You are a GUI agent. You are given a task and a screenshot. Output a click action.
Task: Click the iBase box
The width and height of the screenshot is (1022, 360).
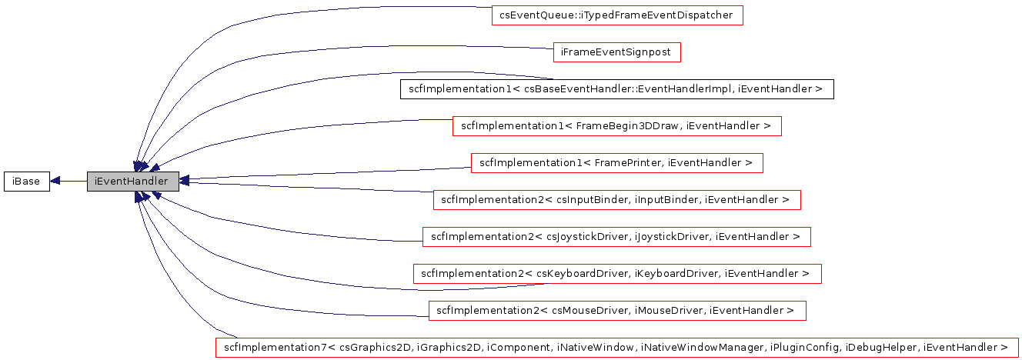click(x=26, y=182)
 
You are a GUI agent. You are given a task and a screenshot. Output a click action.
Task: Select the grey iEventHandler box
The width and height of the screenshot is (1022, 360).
click(x=132, y=182)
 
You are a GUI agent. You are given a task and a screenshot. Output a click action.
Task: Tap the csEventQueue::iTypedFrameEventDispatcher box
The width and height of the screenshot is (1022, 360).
click(x=617, y=15)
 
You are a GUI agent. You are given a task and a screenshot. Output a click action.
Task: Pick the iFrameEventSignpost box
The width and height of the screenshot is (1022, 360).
click(x=617, y=52)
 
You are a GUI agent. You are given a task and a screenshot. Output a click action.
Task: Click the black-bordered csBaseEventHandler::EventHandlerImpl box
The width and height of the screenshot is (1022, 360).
click(x=617, y=89)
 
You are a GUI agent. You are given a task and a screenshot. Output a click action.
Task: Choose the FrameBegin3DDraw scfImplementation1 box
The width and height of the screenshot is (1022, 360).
click(x=616, y=126)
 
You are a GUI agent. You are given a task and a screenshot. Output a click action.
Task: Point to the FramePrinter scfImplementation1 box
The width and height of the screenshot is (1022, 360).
click(x=616, y=163)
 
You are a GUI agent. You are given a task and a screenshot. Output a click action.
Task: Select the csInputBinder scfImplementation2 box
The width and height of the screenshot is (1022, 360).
click(x=617, y=200)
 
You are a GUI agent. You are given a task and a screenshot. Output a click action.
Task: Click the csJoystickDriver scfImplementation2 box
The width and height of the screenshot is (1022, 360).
click(x=616, y=237)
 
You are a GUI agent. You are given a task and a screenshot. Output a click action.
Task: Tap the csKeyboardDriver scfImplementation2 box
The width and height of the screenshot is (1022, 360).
click(x=617, y=274)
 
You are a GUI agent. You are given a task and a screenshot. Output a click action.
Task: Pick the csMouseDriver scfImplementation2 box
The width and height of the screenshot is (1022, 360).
click(x=616, y=311)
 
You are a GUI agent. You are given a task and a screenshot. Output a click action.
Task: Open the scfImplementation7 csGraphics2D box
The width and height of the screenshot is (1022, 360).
click(x=616, y=348)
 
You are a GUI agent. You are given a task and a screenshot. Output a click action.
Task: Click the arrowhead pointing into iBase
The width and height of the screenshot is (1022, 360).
click(x=55, y=182)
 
